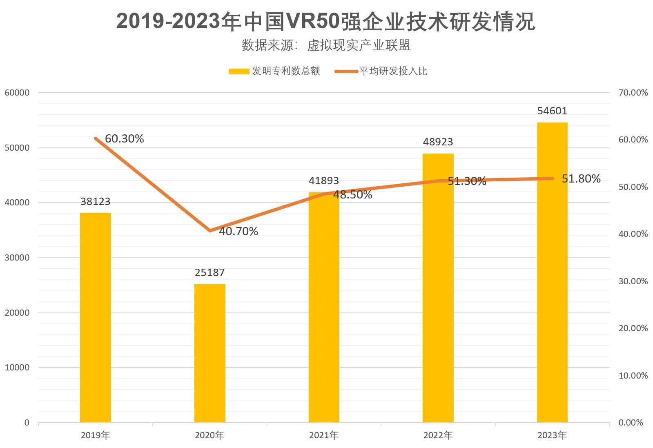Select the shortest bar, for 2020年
click(209, 353)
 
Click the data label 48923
click(438, 142)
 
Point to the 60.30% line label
click(124, 139)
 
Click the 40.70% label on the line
click(238, 232)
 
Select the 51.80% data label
click(581, 179)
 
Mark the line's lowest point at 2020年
click(209, 230)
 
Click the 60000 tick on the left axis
click(17, 93)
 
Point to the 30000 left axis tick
click(17, 258)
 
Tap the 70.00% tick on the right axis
click(633, 93)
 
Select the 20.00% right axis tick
click(633, 328)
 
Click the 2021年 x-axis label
click(323, 435)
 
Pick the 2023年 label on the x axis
click(552, 435)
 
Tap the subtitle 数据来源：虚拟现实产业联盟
click(326, 45)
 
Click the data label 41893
click(323, 181)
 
